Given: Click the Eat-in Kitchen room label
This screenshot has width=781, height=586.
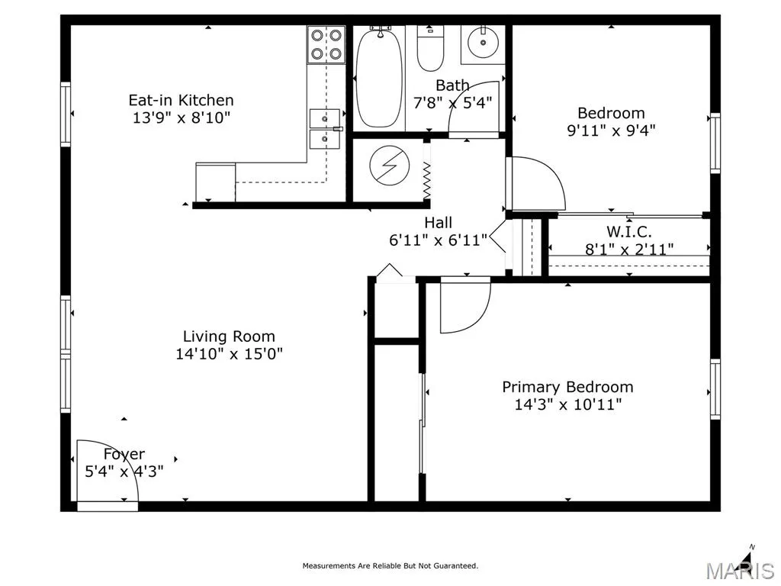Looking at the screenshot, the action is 181,100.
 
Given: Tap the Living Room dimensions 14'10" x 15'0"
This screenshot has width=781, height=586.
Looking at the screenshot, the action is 229,354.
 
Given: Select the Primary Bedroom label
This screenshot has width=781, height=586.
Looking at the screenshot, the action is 567,387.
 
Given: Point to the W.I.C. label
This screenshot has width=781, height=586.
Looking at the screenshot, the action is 629,232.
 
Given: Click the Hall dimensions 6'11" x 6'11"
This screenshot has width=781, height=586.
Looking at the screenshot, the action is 439,240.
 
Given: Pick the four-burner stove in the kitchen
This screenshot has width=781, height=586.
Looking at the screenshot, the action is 326,45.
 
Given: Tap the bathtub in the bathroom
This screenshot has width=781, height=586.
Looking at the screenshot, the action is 380,77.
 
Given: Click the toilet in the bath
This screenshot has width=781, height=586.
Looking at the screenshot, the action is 430,49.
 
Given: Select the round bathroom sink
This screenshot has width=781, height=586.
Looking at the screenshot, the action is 483,42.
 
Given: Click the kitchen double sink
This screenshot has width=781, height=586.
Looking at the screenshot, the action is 325,129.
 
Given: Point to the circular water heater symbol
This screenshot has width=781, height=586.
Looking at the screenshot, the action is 390,166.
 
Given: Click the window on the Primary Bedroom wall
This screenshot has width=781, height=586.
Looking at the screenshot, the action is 715,389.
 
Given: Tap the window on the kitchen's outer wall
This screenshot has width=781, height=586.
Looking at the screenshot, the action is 66,114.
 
